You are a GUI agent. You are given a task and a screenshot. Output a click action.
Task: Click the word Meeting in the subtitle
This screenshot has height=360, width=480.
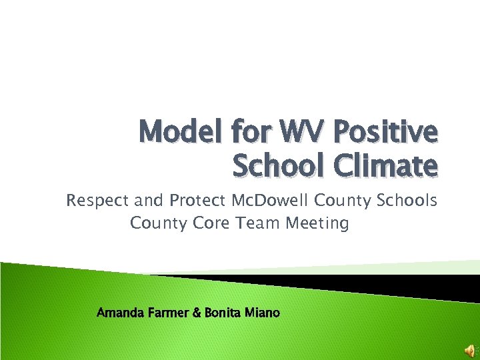click(x=317, y=223)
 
